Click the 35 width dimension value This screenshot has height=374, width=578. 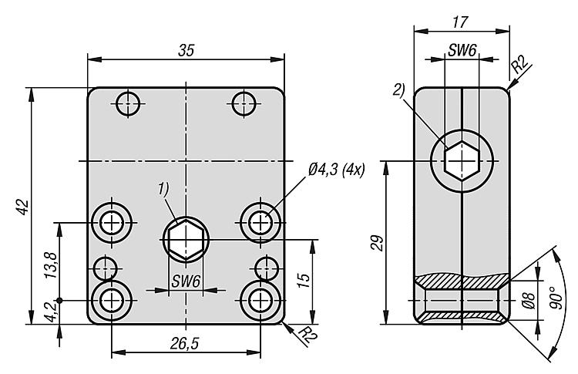[x=187, y=49]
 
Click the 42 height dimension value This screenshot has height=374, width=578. [x=22, y=207]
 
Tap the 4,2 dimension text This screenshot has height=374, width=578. [x=51, y=312]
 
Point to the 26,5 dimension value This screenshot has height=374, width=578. [x=187, y=345]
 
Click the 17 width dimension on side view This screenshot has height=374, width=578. [x=461, y=23]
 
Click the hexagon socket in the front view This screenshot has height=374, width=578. [x=187, y=239]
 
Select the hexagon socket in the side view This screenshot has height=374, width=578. [x=462, y=161]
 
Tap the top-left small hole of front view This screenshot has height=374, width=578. [x=128, y=102]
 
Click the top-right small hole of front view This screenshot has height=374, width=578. [x=244, y=102]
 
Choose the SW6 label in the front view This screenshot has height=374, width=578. [x=186, y=282]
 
